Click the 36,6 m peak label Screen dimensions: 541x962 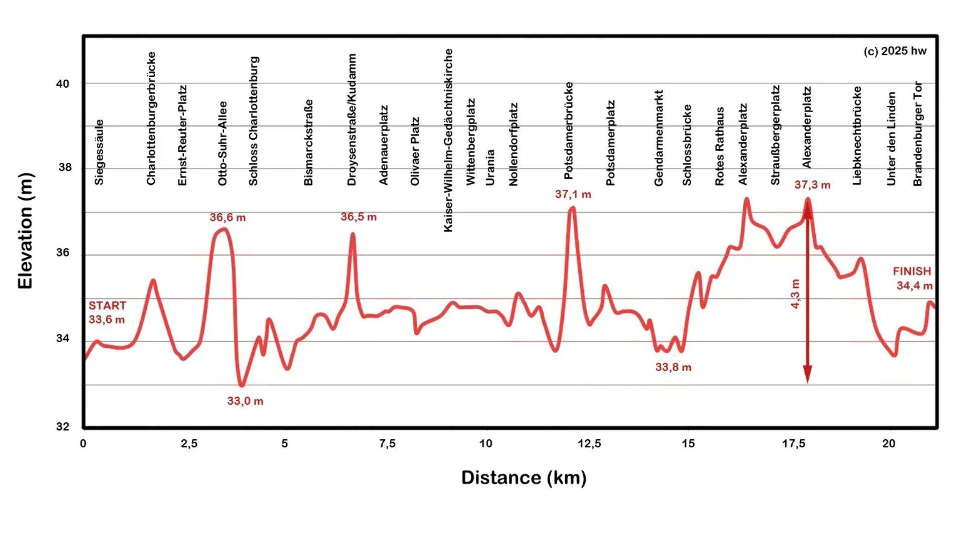click(227, 217)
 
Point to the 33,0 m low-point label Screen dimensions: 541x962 click(245, 401)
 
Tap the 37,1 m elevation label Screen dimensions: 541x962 click(573, 194)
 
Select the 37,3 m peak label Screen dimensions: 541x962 click(812, 185)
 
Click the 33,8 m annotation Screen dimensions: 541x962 click(673, 367)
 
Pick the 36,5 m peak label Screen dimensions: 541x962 click(358, 217)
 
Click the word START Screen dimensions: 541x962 click(107, 306)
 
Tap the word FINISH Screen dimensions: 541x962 click(912, 272)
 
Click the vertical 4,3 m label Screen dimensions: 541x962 click(795, 294)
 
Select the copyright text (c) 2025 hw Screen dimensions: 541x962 click(895, 51)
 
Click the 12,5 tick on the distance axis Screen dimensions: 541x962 click(589, 444)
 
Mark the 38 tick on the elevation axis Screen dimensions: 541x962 click(65, 168)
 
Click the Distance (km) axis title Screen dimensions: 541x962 click(524, 477)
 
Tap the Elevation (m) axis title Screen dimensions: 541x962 click(25, 231)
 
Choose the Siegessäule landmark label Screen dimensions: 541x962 click(99, 152)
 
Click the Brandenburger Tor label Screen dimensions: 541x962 click(917, 134)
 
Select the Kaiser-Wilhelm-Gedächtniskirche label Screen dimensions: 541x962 click(448, 140)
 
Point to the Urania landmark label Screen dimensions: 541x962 click(490, 167)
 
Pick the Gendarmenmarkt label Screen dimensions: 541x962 click(658, 138)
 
